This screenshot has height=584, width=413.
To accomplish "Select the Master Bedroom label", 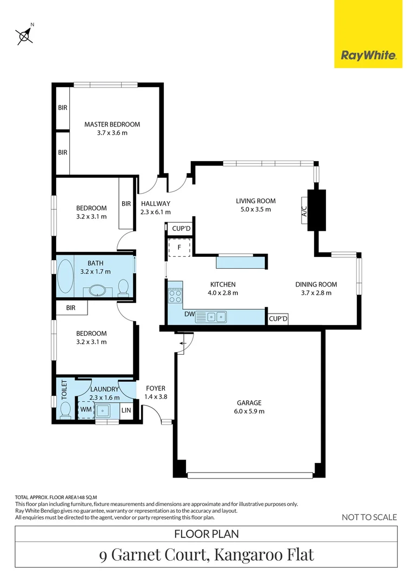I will tap(112, 124).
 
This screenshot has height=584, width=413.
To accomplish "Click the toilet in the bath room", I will tap(124, 288).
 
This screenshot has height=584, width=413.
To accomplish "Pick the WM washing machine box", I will tap(85, 409).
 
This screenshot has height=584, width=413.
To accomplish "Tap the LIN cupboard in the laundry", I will tap(126, 410).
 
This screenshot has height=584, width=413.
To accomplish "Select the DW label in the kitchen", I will tap(189, 314).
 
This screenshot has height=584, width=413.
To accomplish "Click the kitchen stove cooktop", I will tap(175, 295).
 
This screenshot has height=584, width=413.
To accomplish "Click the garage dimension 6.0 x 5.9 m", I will tap(249, 411).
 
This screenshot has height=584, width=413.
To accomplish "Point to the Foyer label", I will tap(155, 388).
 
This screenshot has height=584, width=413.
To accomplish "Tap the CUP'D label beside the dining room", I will tap(278, 319).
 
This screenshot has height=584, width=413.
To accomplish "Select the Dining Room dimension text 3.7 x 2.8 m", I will tap(316, 293).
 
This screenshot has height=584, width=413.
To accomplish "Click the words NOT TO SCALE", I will tap(369, 517).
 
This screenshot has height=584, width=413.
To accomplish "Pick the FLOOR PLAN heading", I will tap(206, 534).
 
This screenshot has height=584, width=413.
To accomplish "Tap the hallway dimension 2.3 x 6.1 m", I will tap(155, 213).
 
